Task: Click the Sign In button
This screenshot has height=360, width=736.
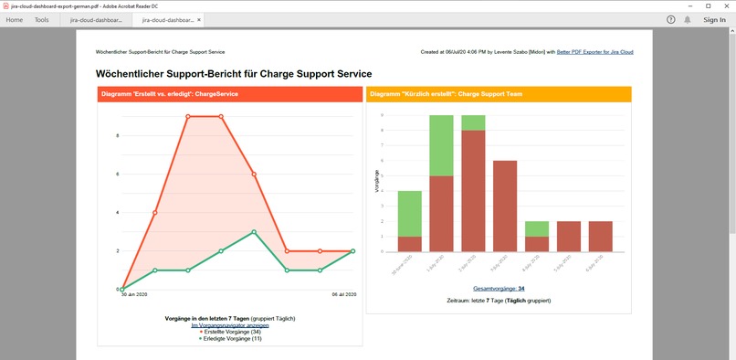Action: coord(714,19)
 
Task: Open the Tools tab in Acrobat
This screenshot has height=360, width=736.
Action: coord(42,19)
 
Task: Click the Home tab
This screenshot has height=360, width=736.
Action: coord(15,19)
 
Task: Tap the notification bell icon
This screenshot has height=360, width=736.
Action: coord(688,19)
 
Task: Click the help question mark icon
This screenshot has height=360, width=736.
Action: coord(671,19)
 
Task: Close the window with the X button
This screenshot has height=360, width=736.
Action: coord(725,5)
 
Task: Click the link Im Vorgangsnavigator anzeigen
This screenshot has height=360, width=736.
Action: coord(229,324)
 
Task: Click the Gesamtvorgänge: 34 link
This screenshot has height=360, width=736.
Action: coord(498,288)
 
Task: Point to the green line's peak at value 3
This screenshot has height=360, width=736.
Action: coord(254,232)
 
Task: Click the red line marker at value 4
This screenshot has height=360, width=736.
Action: coord(155,213)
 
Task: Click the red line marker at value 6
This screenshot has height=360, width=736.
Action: coord(254,174)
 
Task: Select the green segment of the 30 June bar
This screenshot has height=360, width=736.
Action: coord(410,214)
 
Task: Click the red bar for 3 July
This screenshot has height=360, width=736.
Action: coord(506,206)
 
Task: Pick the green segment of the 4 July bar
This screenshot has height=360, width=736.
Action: coord(538,228)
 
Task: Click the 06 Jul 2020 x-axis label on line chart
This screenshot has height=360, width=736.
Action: coord(342,295)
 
